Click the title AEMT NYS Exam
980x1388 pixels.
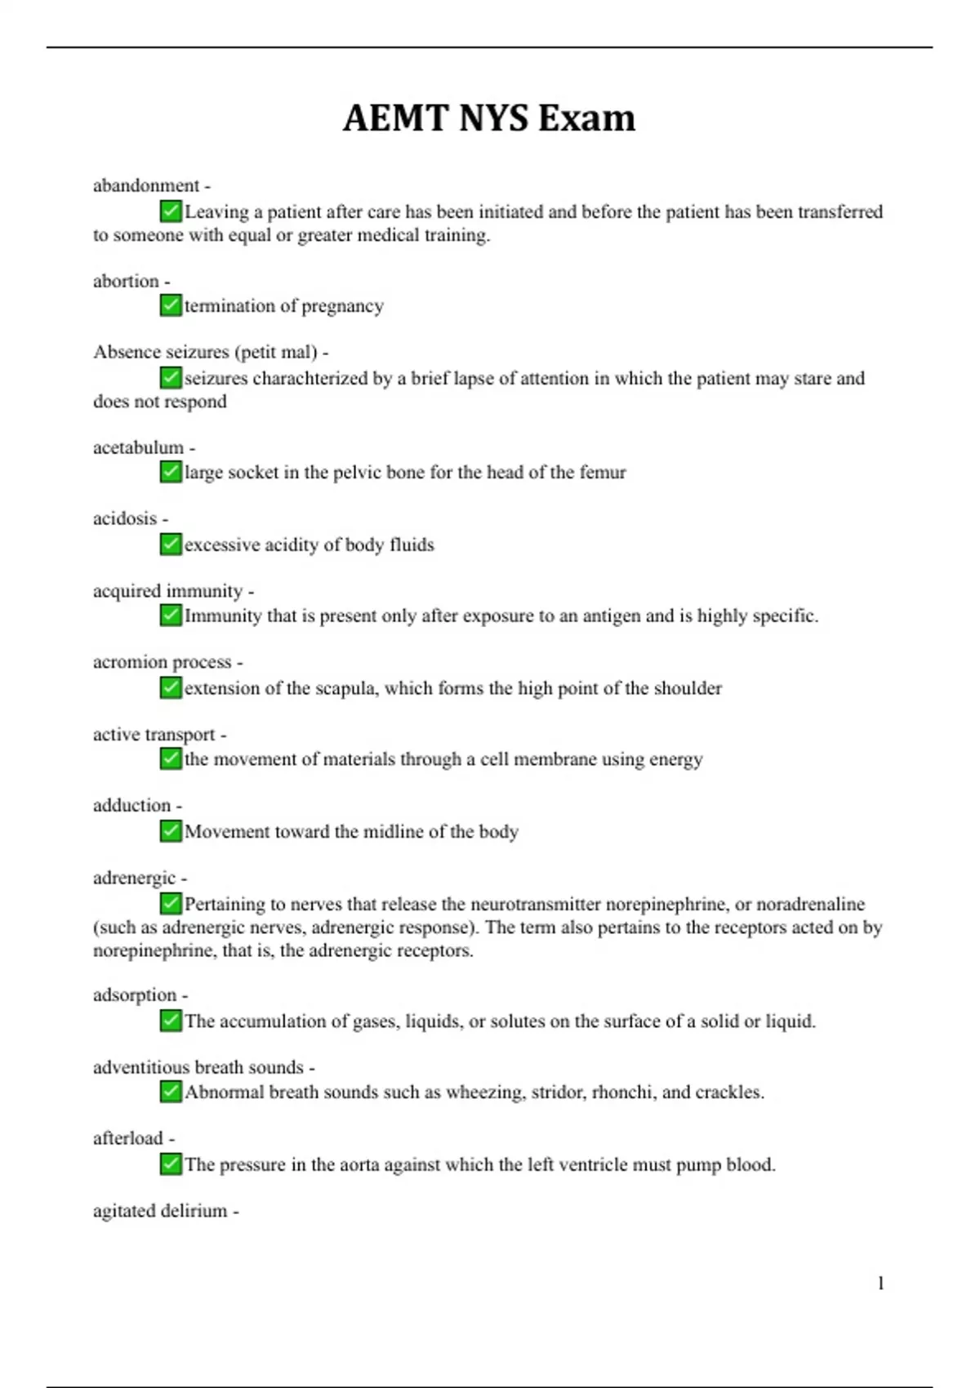[x=488, y=118]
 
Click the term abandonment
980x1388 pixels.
[x=146, y=186]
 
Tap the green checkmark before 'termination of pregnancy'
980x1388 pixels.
[x=171, y=305]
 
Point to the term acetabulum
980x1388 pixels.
[x=138, y=447]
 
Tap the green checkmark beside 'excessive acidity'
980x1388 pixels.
[x=171, y=544]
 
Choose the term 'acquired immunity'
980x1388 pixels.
[x=167, y=591]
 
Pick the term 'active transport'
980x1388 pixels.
[x=154, y=735]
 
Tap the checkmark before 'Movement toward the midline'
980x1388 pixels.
[x=171, y=831]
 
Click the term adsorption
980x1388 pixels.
[x=135, y=995]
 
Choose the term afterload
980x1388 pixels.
[x=128, y=1138]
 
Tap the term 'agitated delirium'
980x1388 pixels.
[x=160, y=1211]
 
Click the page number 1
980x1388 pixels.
[x=880, y=1283]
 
